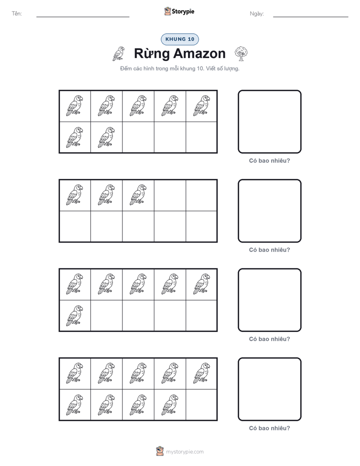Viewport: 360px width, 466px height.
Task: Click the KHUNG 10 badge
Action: coord(179,39)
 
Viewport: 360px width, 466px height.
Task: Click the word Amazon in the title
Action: coord(199,53)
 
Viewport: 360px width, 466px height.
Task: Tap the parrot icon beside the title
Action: coord(118,54)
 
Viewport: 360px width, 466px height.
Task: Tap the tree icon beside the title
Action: coord(241,53)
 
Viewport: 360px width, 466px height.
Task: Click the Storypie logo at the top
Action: coord(179,11)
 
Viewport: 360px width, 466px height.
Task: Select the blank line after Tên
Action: coord(83,17)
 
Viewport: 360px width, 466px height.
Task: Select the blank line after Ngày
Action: coord(311,17)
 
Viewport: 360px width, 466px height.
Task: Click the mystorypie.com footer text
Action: coord(185,452)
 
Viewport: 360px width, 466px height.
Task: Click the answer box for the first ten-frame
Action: coord(270,122)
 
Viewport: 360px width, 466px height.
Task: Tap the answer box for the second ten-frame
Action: coord(270,211)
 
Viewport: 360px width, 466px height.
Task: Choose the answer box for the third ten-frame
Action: coord(270,300)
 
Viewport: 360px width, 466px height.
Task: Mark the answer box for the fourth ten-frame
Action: coord(270,389)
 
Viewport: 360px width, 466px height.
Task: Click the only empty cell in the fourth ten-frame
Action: coord(201,405)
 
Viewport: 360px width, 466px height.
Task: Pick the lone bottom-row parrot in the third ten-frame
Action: coord(75,316)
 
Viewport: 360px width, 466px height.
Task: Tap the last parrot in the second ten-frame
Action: coord(138,195)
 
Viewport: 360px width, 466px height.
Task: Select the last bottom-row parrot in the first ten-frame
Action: coord(106,137)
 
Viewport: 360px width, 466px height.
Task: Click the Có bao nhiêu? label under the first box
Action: coord(269,161)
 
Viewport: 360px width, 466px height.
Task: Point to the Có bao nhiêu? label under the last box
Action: coord(269,428)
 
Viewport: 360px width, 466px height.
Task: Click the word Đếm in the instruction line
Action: coord(126,69)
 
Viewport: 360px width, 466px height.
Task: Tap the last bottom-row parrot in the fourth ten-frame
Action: coord(170,405)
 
